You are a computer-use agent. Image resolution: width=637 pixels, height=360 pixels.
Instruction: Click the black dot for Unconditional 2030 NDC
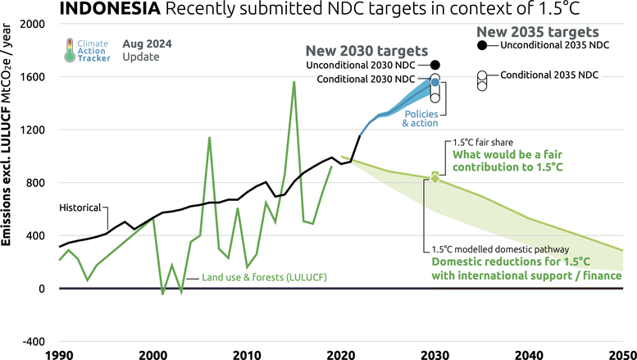[435, 65]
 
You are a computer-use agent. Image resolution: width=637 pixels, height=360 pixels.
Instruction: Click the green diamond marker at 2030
[435, 177]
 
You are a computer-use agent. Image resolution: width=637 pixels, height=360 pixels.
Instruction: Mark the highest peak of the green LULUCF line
[293, 82]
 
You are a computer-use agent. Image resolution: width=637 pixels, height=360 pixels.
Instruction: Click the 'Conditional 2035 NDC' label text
[549, 75]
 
